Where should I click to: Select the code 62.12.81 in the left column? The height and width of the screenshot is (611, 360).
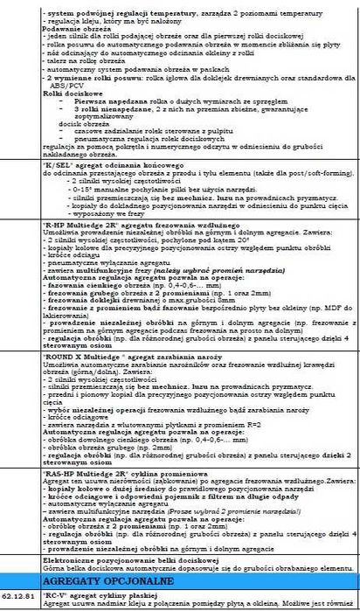point(18,594)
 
